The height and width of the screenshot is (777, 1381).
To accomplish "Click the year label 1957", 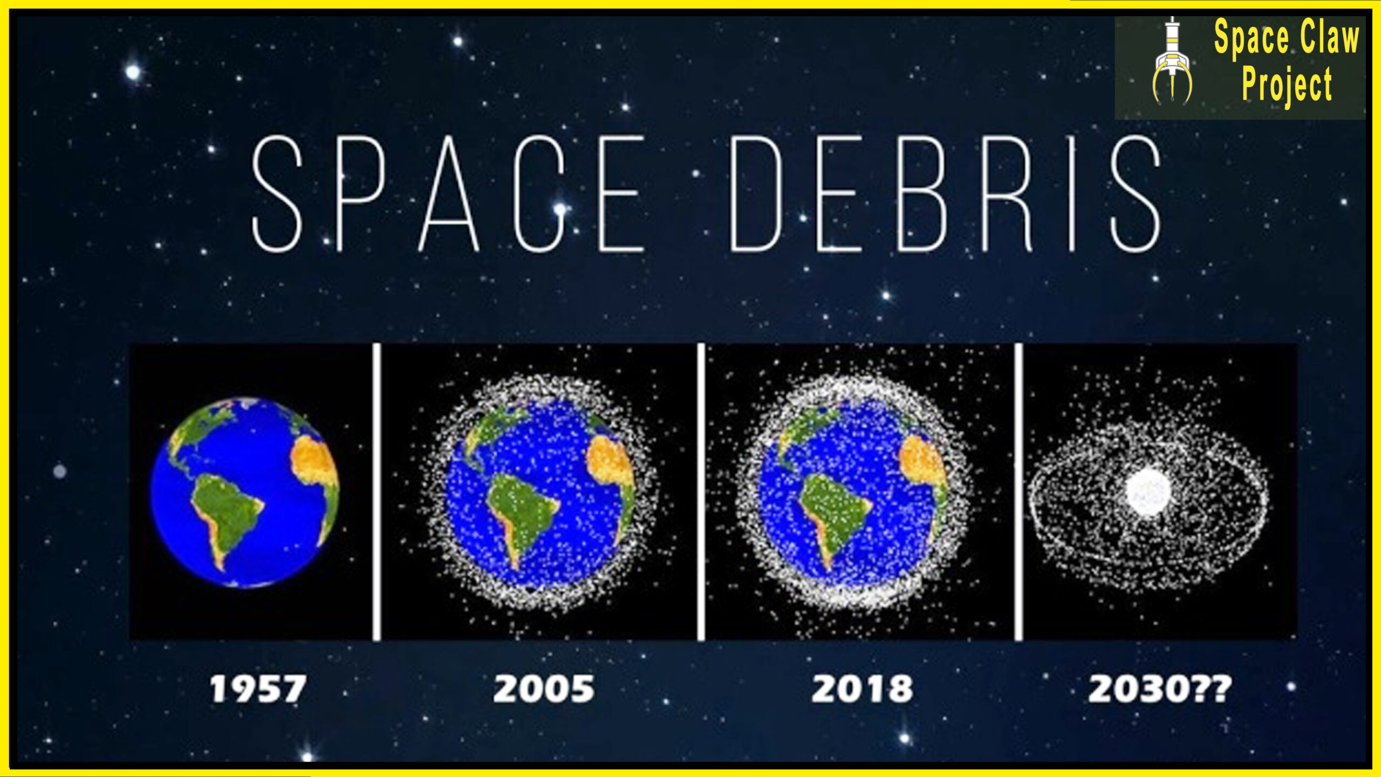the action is click(258, 689).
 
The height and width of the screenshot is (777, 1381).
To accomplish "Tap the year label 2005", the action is click(544, 689).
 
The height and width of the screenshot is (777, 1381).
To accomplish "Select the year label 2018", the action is click(862, 689).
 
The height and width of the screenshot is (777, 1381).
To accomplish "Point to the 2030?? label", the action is click(1160, 689).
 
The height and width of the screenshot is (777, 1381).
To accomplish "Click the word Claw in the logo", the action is click(1329, 37).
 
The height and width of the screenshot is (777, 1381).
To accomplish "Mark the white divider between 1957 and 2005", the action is click(377, 492).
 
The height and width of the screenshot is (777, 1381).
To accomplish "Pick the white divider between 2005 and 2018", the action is click(701, 492).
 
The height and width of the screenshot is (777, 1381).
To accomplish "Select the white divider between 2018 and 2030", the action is click(1018, 492).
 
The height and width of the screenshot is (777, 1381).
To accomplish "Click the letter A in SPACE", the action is click(449, 194).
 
